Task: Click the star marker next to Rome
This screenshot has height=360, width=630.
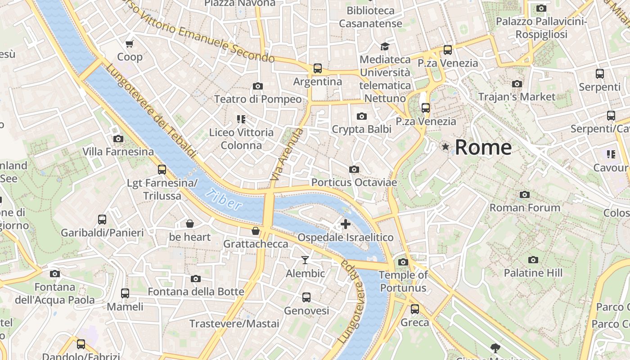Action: (445, 147)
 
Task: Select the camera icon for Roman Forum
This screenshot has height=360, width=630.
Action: (524, 195)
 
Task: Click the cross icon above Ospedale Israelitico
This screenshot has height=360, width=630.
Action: (346, 224)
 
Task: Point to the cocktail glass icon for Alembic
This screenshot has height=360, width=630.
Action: (306, 260)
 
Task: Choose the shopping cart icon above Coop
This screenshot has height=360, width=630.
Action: (130, 44)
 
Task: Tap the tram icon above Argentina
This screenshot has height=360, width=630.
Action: (318, 68)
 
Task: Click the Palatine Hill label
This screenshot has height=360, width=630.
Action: (533, 273)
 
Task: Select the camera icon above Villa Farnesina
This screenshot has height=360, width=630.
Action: (118, 139)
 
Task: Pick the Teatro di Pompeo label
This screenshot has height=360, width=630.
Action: (258, 99)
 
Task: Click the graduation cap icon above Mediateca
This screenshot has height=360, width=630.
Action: (385, 46)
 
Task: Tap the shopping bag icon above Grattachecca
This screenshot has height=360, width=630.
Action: (256, 231)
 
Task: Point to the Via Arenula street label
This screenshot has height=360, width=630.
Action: (287, 154)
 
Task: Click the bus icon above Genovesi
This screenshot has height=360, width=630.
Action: (306, 297)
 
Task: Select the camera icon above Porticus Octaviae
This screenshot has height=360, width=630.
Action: (354, 170)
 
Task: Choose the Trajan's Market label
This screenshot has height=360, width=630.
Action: (517, 97)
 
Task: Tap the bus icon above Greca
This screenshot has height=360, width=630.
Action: (415, 309)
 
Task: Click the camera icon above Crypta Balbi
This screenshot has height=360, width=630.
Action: (361, 117)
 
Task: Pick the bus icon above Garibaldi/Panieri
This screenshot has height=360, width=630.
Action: (102, 220)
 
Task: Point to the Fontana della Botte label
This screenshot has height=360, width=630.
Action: (196, 292)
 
